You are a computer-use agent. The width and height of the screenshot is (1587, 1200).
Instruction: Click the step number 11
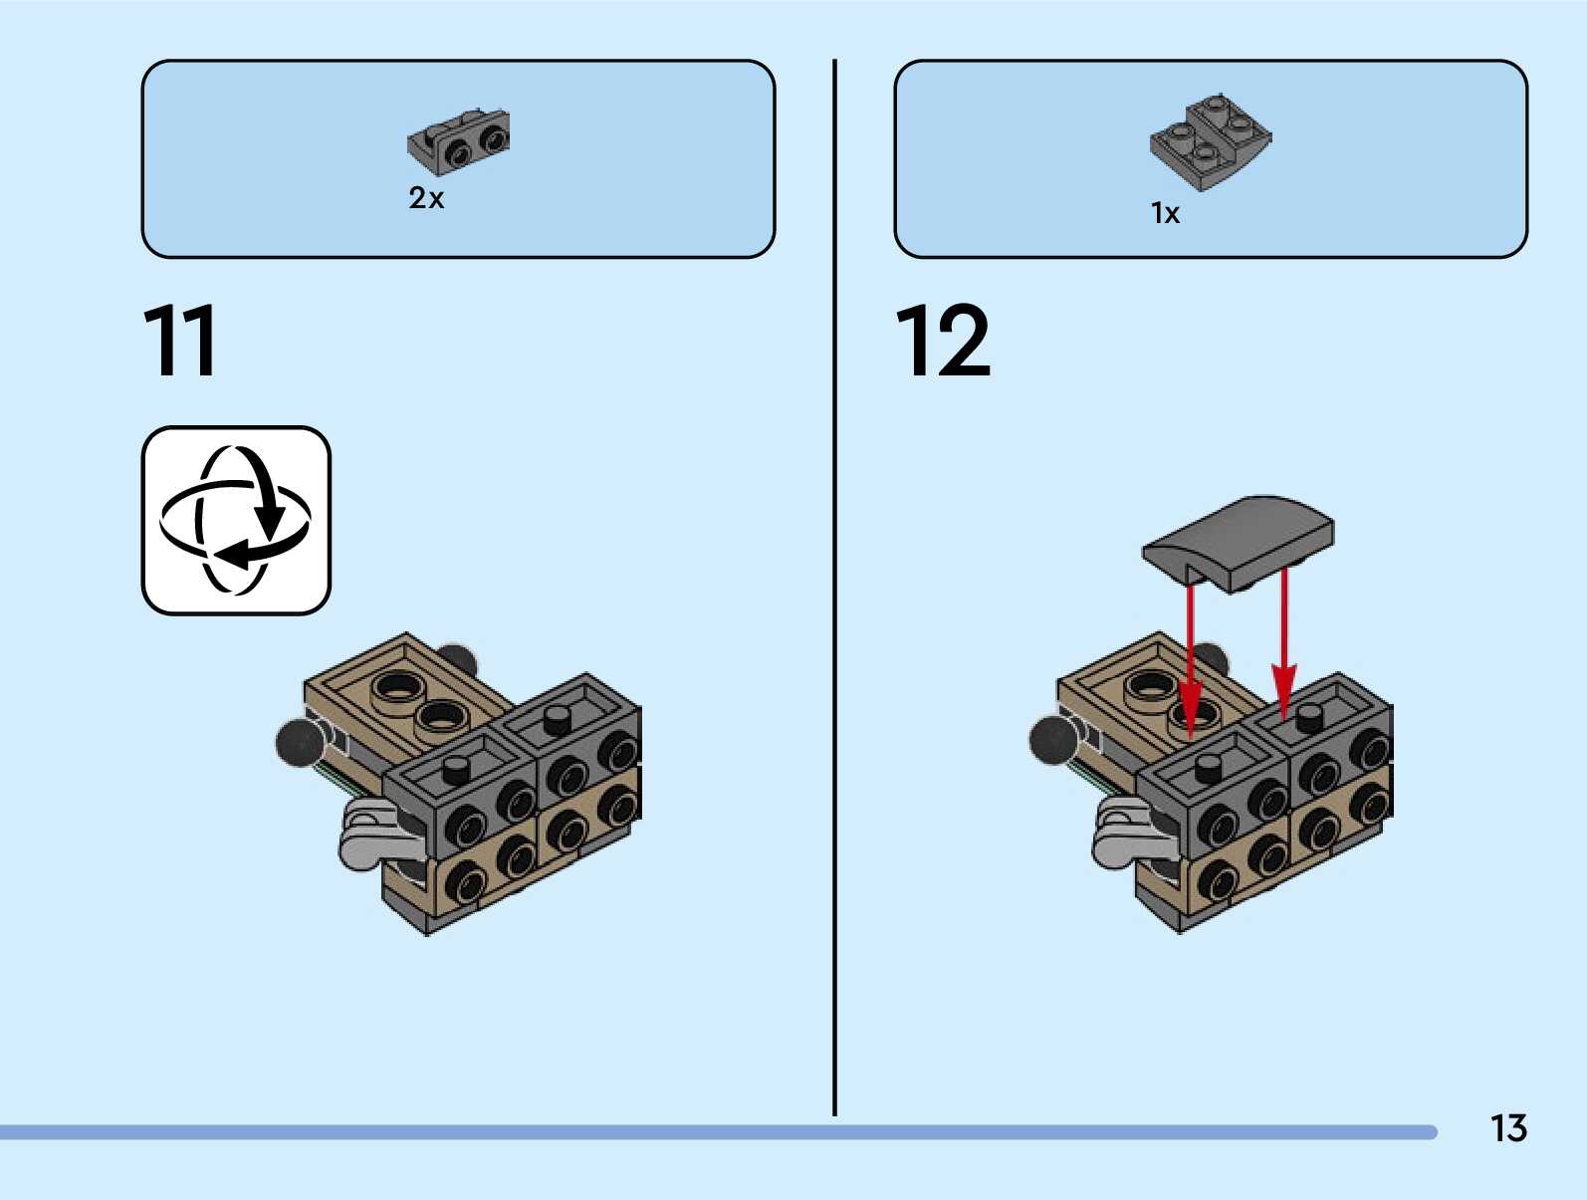(x=180, y=341)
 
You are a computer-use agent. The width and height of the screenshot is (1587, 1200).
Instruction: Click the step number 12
(x=943, y=341)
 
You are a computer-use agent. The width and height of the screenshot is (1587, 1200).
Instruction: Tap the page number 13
(x=1508, y=1128)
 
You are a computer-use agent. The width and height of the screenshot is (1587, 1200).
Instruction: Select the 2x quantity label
(x=426, y=198)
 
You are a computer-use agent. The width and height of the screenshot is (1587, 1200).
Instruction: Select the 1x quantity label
(x=1165, y=213)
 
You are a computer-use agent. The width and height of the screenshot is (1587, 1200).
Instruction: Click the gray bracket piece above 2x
(x=459, y=139)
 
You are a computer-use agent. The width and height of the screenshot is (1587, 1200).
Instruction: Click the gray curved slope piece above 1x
(x=1211, y=141)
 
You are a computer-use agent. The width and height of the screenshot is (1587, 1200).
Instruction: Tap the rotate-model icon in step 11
(x=236, y=521)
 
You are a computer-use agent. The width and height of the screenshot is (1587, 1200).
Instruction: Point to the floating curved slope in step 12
(x=1239, y=542)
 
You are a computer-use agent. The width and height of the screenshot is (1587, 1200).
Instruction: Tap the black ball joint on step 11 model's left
(x=299, y=742)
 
